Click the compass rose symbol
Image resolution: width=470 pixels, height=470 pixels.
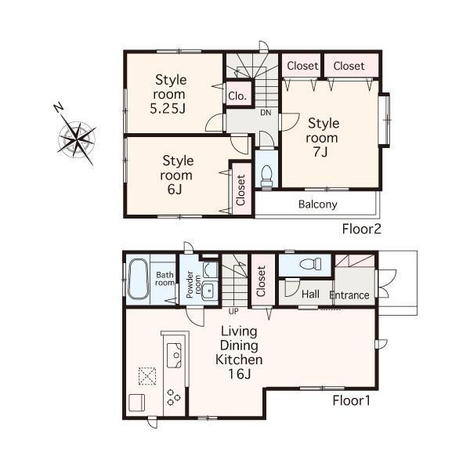coord(77,138)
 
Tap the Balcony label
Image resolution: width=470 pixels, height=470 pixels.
coord(317,204)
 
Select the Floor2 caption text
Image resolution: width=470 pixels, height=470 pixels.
coord(361,230)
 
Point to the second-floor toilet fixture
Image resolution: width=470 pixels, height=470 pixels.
coord(265,175)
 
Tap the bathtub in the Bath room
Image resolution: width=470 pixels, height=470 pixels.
coord(139,280)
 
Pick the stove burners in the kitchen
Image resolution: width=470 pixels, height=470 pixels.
coord(173,398)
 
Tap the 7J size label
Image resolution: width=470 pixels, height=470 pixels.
coord(323,152)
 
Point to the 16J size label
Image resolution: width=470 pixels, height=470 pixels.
coord(239,374)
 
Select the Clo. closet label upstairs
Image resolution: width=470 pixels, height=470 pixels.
coord(238,96)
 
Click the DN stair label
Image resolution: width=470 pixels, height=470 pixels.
coord(266,112)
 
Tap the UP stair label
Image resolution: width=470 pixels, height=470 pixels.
coord(233,311)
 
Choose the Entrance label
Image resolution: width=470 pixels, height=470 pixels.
coord(349,295)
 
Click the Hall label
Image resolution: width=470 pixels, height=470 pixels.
coord(310,295)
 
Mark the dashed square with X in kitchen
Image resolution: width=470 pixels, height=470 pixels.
coord(146,376)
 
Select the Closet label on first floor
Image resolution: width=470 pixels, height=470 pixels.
coord(261,282)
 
